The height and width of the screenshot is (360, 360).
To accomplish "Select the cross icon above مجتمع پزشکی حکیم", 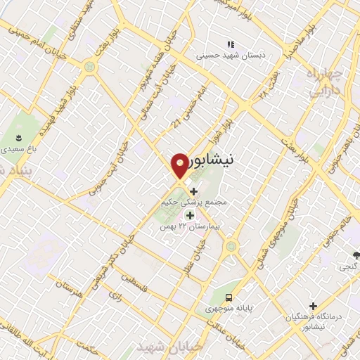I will [x=193, y=191].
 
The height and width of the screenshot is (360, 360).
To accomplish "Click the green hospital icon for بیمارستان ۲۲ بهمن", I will [x=189, y=215].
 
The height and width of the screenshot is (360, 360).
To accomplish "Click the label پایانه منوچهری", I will [x=227, y=308].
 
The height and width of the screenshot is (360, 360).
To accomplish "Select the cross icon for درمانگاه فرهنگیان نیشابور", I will [x=314, y=306].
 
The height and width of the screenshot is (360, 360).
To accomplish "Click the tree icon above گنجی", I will [x=357, y=255].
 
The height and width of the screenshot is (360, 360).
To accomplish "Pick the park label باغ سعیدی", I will [x=15, y=150].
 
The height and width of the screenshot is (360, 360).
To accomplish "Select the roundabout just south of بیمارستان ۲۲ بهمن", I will [x=230, y=246].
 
